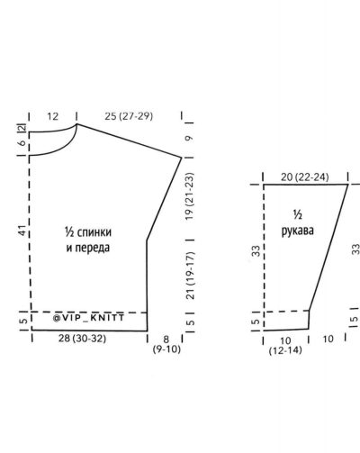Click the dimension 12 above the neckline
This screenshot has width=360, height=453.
52,116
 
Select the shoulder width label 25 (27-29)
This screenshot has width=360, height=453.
129,116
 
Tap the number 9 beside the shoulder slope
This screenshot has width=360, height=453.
189,139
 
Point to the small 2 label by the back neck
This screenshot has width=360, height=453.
22,127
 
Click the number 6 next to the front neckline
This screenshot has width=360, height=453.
22,143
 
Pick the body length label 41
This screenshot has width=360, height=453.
23,231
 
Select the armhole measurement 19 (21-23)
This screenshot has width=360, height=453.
190,196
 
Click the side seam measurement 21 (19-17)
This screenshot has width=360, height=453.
191,276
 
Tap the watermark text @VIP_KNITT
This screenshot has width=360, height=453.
88,318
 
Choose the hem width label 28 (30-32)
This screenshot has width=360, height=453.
82,339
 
